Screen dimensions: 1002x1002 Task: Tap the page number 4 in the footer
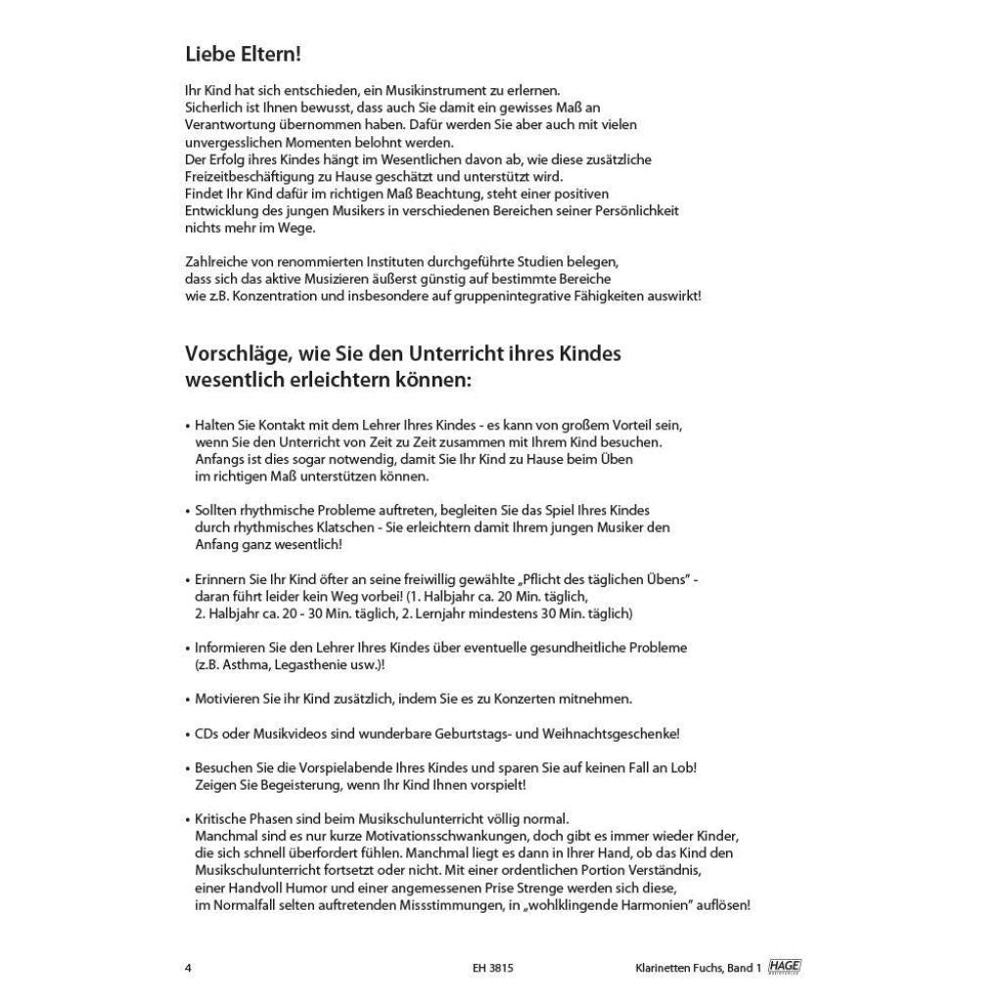point(188,968)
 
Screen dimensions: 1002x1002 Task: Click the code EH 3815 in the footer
point(492,968)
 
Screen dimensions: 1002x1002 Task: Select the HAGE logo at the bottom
point(785,967)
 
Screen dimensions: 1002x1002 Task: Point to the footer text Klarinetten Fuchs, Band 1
point(698,968)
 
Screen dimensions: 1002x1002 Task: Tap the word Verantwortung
point(228,124)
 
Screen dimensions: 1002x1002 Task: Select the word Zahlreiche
point(213,261)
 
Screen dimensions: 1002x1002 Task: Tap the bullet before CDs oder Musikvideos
point(187,734)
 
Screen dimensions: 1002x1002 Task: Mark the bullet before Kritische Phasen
point(187,818)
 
